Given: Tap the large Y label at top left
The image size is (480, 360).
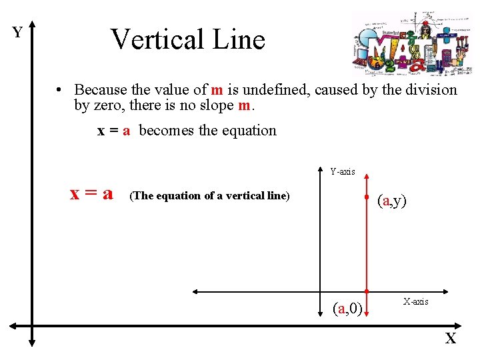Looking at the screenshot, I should [17, 33].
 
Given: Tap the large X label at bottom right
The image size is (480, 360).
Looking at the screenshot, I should [451, 339].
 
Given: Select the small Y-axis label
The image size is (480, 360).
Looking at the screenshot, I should [343, 172].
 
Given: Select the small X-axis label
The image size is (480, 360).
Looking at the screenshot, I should [415, 302].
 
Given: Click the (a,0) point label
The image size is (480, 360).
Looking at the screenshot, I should [347, 308].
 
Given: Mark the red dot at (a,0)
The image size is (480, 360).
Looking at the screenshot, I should [367, 291].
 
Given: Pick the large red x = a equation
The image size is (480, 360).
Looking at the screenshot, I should [91, 194].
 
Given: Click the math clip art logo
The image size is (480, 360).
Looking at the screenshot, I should [411, 42].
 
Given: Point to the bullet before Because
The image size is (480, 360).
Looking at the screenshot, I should [59, 90].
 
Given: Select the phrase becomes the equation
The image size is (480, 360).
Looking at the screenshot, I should [207, 131].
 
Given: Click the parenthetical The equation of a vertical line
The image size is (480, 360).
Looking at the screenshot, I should [209, 196].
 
